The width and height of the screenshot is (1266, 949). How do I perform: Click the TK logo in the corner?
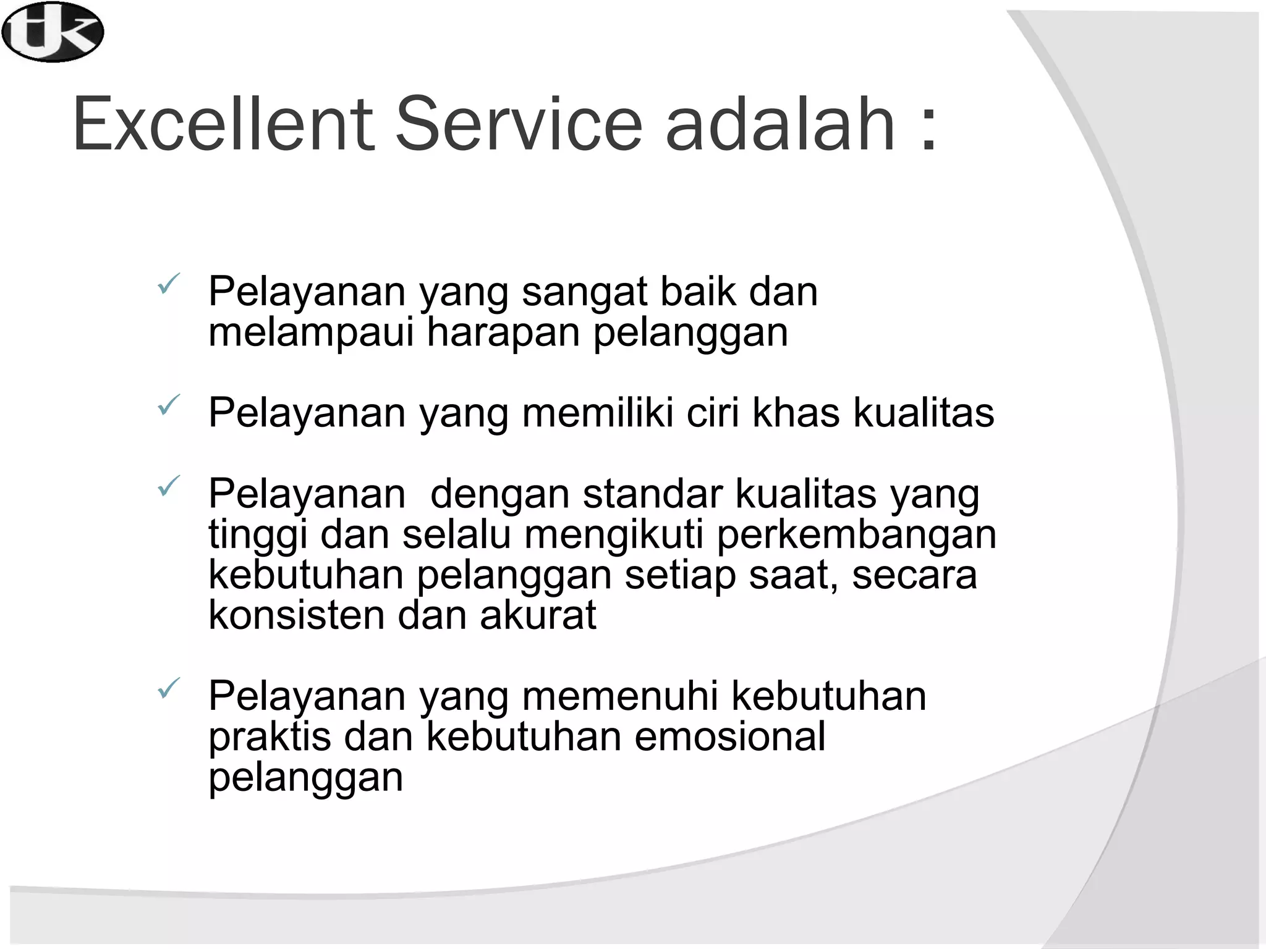point(53,32)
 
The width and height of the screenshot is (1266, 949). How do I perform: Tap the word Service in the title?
point(519,124)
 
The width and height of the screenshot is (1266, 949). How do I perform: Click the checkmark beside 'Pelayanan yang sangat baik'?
point(168,284)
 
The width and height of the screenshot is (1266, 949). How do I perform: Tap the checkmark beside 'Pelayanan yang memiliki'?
point(168,405)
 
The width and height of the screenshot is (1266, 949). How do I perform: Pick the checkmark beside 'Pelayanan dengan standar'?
point(168,486)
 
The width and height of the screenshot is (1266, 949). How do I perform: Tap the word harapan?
point(503,333)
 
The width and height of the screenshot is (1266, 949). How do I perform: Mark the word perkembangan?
point(856,535)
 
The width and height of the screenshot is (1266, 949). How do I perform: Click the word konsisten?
point(296,615)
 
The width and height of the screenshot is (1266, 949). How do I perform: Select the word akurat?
point(538,615)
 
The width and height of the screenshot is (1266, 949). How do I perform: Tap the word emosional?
point(730,736)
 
